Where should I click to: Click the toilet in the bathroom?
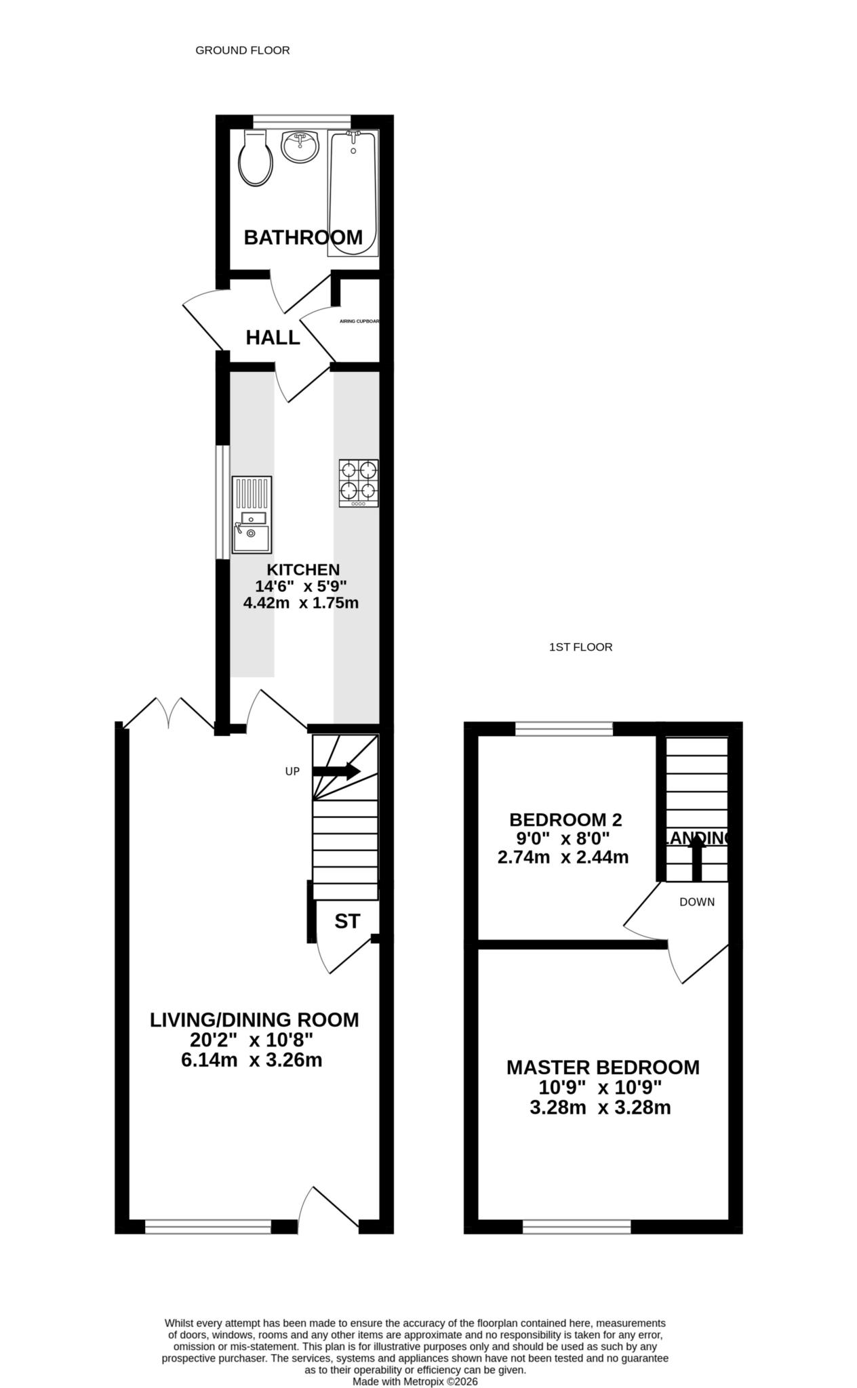(x=256, y=160)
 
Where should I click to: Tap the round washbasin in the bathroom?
(x=299, y=147)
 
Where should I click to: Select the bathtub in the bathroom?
(x=352, y=193)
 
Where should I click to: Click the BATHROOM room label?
(x=303, y=237)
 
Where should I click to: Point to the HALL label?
(x=273, y=338)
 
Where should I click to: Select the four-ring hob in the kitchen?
(x=359, y=483)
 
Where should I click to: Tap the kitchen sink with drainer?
(x=251, y=514)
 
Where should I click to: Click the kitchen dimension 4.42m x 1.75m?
(x=300, y=603)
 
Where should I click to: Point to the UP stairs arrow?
(x=336, y=771)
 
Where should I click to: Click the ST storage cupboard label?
(x=347, y=921)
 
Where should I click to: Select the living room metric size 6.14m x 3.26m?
(x=252, y=1061)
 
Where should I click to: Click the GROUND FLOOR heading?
(x=242, y=50)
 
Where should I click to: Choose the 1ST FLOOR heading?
(x=580, y=647)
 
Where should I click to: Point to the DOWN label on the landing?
(x=697, y=902)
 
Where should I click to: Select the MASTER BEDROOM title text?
(x=603, y=1067)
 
